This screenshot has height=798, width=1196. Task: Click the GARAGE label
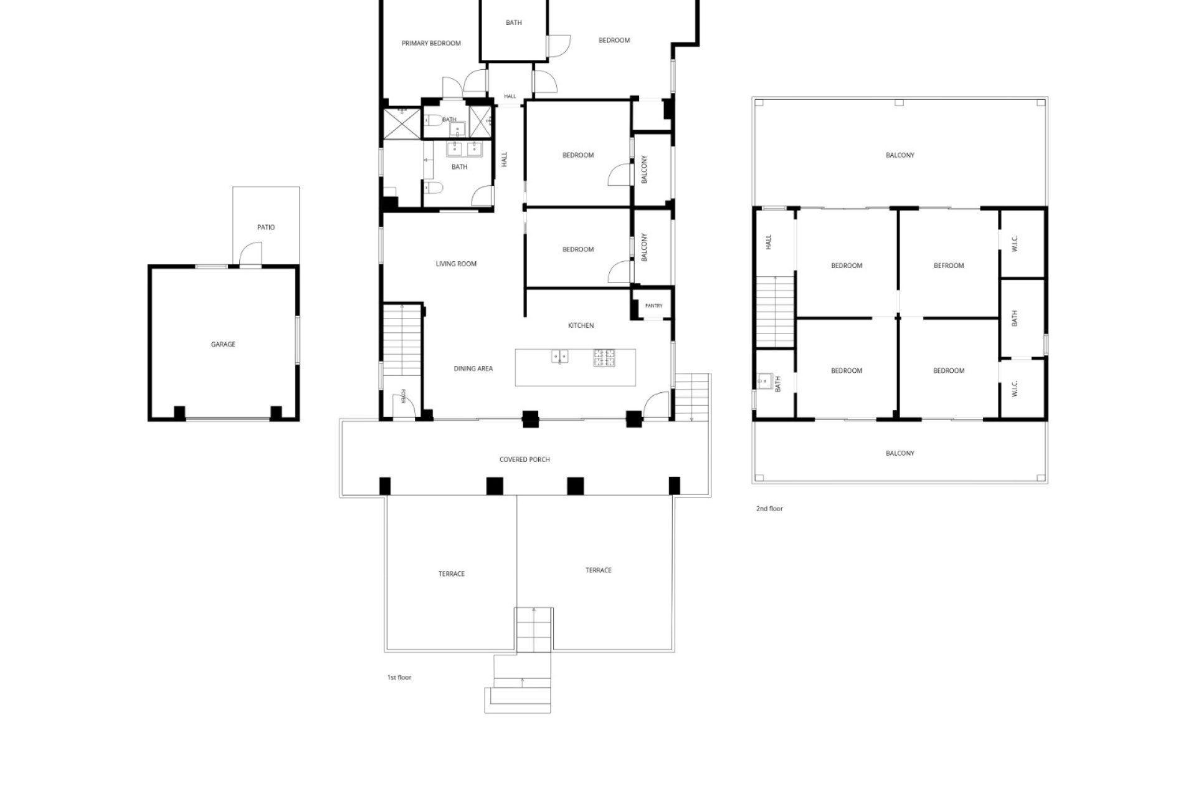coord(223,344)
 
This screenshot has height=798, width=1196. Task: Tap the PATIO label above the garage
coord(266,228)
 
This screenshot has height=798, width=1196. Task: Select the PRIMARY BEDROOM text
coord(431,44)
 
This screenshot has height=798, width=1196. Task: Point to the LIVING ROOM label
coord(456,264)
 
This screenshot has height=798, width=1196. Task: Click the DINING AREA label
coord(473,369)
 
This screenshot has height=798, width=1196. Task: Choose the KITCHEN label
coord(581,325)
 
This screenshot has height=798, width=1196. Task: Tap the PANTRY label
coord(654,306)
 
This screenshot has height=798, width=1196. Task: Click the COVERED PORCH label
coord(524,460)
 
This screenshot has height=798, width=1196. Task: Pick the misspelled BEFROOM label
coord(949,266)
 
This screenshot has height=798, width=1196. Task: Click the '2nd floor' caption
coord(769,509)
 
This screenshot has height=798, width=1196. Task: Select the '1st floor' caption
coord(399,678)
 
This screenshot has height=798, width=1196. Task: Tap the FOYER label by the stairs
coord(404,396)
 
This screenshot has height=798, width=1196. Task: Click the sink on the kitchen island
coord(559,357)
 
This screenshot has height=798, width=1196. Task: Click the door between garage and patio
coord(250,254)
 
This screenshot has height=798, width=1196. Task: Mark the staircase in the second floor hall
coord(776,312)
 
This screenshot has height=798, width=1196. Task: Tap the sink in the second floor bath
coord(763,380)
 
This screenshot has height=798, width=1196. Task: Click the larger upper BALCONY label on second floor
coord(900,155)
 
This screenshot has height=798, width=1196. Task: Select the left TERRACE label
coord(452,574)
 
